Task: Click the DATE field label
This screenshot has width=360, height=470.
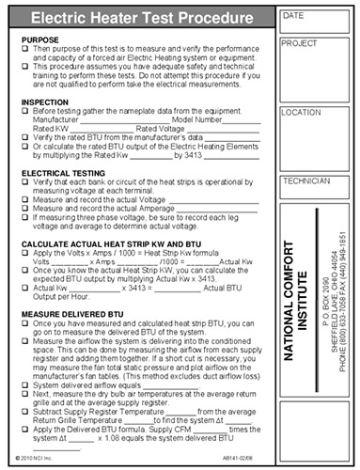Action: [294, 16]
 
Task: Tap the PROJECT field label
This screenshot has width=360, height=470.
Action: [301, 44]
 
